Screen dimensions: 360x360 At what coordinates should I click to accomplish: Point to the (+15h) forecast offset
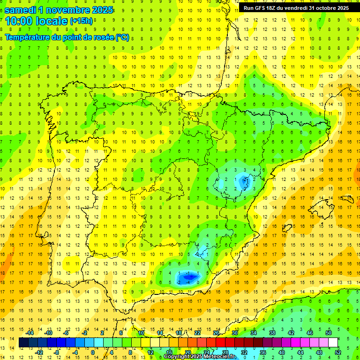click(x=81, y=21)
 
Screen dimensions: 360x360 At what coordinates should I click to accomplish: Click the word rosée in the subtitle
click(x=98, y=37)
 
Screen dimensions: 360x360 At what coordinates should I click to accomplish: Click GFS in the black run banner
click(x=260, y=8)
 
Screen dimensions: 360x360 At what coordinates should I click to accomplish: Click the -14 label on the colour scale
click(x=30, y=333)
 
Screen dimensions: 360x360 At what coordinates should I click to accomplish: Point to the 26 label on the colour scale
click(x=216, y=333)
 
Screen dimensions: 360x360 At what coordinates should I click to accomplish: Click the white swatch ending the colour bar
click(x=333, y=343)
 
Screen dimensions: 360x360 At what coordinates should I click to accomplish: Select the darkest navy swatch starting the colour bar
click(x=23, y=343)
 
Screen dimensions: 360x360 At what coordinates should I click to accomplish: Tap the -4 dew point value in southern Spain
click(x=188, y=283)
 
